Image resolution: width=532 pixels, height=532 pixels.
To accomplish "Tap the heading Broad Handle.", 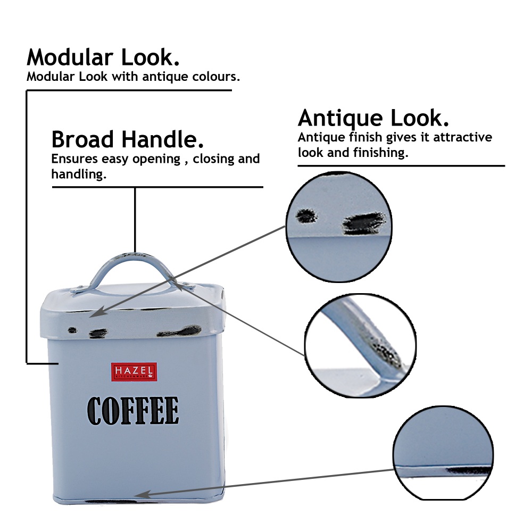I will (x=128, y=139).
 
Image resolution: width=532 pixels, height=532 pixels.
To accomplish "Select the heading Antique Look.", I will (x=373, y=118).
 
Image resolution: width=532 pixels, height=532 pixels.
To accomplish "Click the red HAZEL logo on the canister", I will (x=134, y=371).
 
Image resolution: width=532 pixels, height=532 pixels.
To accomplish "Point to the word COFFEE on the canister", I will (x=133, y=411).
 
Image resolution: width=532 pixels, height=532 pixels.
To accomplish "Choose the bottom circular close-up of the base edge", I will (x=444, y=458).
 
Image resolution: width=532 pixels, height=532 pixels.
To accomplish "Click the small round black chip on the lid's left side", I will (x=72, y=329).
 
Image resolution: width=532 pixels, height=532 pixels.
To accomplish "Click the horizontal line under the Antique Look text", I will (x=401, y=166).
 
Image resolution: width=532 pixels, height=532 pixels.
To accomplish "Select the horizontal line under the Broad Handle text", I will (x=157, y=187).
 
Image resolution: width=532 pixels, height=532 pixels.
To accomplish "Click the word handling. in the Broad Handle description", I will (x=78, y=174).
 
